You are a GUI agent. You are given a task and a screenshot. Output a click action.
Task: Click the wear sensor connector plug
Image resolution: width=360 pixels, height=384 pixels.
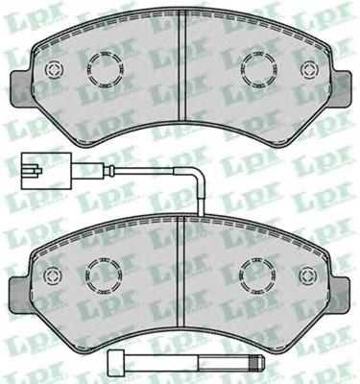tap(46, 171)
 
